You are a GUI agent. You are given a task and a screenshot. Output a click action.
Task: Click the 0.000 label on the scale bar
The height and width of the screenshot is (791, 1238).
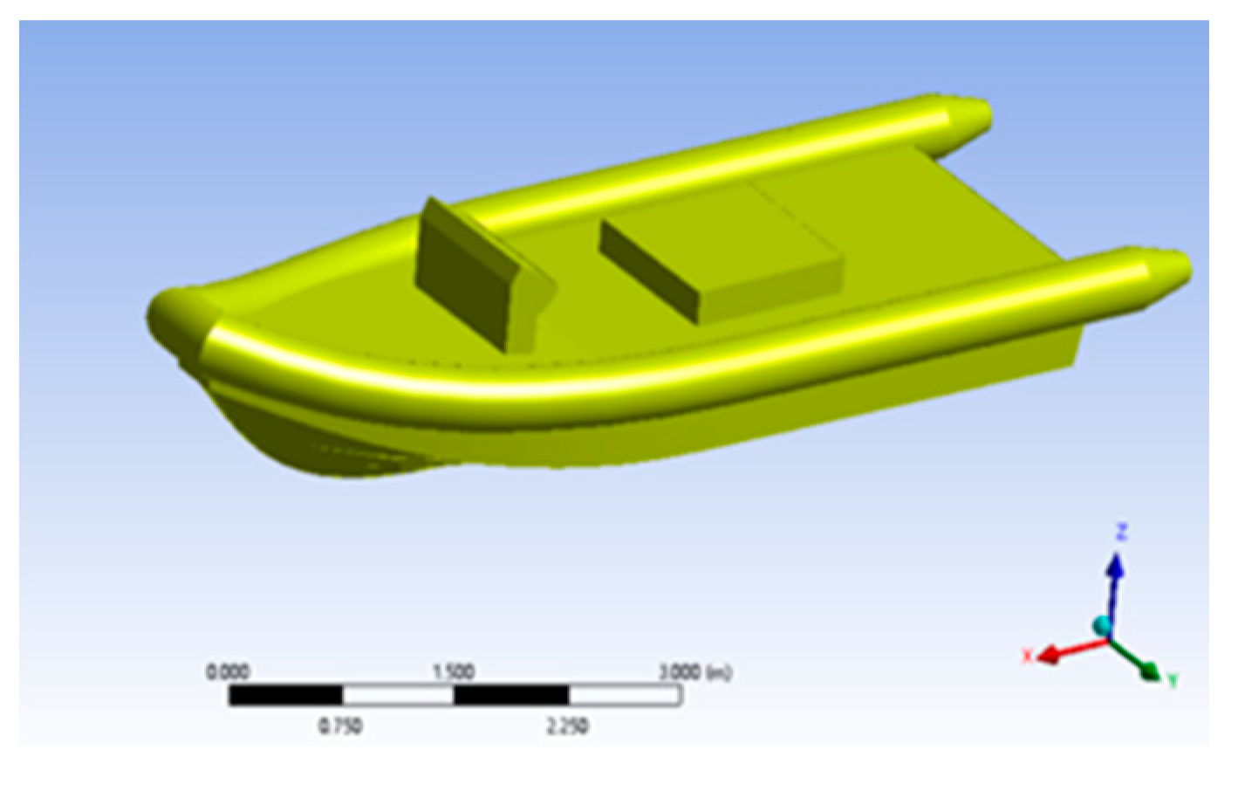tap(228, 671)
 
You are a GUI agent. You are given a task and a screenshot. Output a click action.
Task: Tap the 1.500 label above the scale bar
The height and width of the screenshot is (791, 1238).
tap(454, 671)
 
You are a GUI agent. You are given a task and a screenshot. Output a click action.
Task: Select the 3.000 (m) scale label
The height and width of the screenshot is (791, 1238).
tap(694, 671)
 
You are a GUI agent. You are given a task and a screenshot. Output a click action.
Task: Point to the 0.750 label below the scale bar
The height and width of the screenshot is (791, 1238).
tap(340, 726)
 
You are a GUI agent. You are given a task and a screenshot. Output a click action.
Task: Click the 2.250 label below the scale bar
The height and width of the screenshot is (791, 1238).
tap(567, 726)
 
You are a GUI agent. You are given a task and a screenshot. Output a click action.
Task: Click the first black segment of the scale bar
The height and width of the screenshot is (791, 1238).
tap(285, 695)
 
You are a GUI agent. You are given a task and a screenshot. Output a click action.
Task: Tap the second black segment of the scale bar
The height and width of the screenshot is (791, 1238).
tap(511, 695)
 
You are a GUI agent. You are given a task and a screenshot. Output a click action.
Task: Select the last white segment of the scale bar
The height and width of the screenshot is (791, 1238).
tap(625, 695)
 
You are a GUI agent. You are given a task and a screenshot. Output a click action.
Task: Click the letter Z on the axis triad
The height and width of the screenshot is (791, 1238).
tap(1121, 532)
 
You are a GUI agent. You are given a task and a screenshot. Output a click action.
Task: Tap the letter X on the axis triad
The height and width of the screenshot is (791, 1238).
tap(1028, 656)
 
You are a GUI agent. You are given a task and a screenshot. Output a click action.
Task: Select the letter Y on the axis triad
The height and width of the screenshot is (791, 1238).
tap(1173, 680)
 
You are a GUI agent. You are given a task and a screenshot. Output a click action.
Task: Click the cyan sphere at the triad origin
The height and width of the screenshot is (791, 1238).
tap(1103, 625)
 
